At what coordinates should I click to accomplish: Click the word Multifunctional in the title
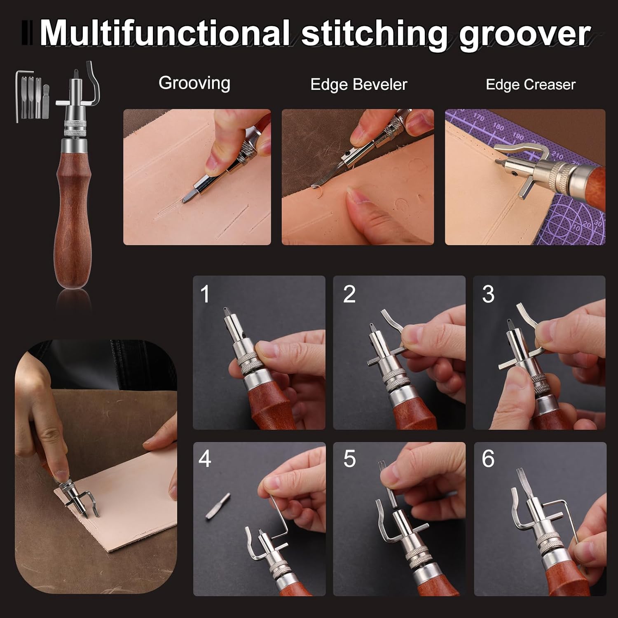pos(164,33)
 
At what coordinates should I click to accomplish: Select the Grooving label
pos(194,84)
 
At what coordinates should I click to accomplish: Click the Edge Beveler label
pos(358,84)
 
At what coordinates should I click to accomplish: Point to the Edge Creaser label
pos(531,84)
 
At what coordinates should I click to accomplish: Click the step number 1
pos(205,294)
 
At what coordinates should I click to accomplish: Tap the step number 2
pos(349,294)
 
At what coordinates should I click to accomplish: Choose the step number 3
pos(488,294)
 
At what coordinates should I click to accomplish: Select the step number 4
pos(205,459)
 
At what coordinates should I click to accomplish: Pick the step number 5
pos(349,459)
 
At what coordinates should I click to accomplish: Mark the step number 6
pos(488,459)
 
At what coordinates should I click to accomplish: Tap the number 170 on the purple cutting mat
pos(478,117)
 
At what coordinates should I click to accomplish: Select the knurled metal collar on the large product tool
pos(75,128)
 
